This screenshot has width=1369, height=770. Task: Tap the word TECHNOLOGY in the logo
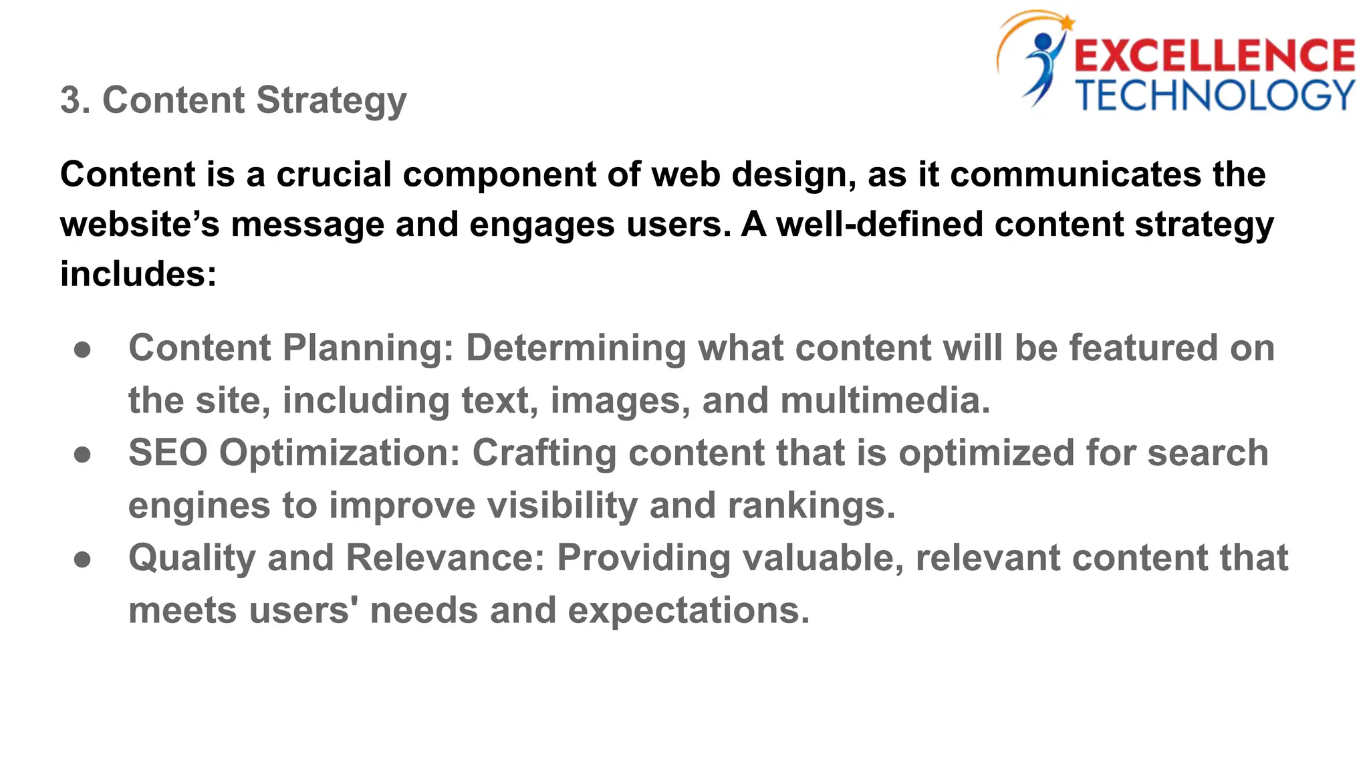pos(1215,96)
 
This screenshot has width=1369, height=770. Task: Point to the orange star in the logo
pos(1066,22)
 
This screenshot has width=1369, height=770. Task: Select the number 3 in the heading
pos(70,100)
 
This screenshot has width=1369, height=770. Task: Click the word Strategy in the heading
pos(332,102)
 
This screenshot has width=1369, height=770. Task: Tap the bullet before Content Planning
pos(82,350)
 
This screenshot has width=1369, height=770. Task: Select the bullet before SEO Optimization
pos(82,455)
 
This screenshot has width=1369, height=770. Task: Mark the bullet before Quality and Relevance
pos(82,559)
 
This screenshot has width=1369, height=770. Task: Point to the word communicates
pos(1075,174)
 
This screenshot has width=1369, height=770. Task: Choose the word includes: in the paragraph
pos(138,274)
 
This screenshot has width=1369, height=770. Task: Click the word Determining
pos(576,348)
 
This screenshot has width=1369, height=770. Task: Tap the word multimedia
pos(885,400)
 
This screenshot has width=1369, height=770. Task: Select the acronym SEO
pos(168,453)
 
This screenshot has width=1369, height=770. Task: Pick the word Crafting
pos(544,454)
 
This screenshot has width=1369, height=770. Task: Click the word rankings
pos(812,505)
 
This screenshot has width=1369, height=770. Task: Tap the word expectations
pos(689,611)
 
